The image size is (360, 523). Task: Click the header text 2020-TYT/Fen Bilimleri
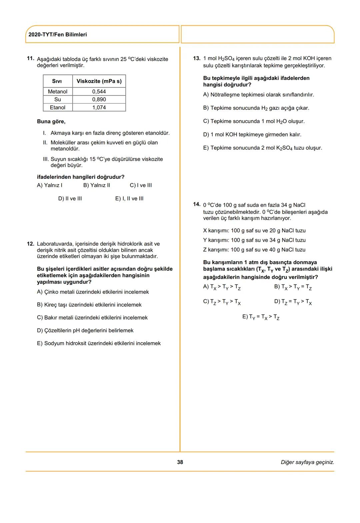pos(58,35)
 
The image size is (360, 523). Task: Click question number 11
pos(30,58)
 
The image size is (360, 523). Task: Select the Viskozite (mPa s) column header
pos(99,81)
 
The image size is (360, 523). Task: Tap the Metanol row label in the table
pos(58,91)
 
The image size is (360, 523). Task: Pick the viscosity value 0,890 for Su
pos(99,99)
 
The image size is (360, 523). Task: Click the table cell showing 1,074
pos(99,107)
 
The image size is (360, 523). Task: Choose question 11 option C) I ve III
pos(141,185)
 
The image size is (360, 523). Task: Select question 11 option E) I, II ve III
pos(129,198)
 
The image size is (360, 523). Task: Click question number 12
pos(30,244)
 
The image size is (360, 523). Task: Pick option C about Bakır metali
pos(92,318)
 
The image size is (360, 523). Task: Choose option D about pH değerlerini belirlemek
pos(85,331)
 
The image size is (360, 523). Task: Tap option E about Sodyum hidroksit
pos(99,343)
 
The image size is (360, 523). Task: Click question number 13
pos(197,58)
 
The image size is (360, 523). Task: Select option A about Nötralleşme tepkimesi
pos(259,95)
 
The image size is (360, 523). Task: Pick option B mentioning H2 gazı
pos(256,108)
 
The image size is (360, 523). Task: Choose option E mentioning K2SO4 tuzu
pos(263,148)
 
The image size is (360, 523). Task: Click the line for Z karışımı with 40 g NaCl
pos(254,249)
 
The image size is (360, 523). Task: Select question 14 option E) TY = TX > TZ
pos(261,317)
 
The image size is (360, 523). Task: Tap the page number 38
pos(180,462)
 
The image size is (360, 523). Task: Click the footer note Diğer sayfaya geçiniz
pos(307,462)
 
